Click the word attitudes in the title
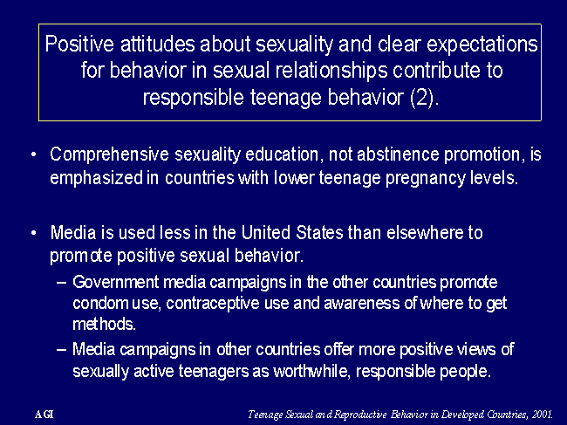158,45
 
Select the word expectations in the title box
482,45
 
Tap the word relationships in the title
331,72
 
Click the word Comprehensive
109,154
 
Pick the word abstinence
398,154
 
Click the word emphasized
97,178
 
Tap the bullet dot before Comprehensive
34,154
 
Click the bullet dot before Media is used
34,233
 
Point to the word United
266,233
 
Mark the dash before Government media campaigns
62,283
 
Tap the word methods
104,324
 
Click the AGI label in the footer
44,415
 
